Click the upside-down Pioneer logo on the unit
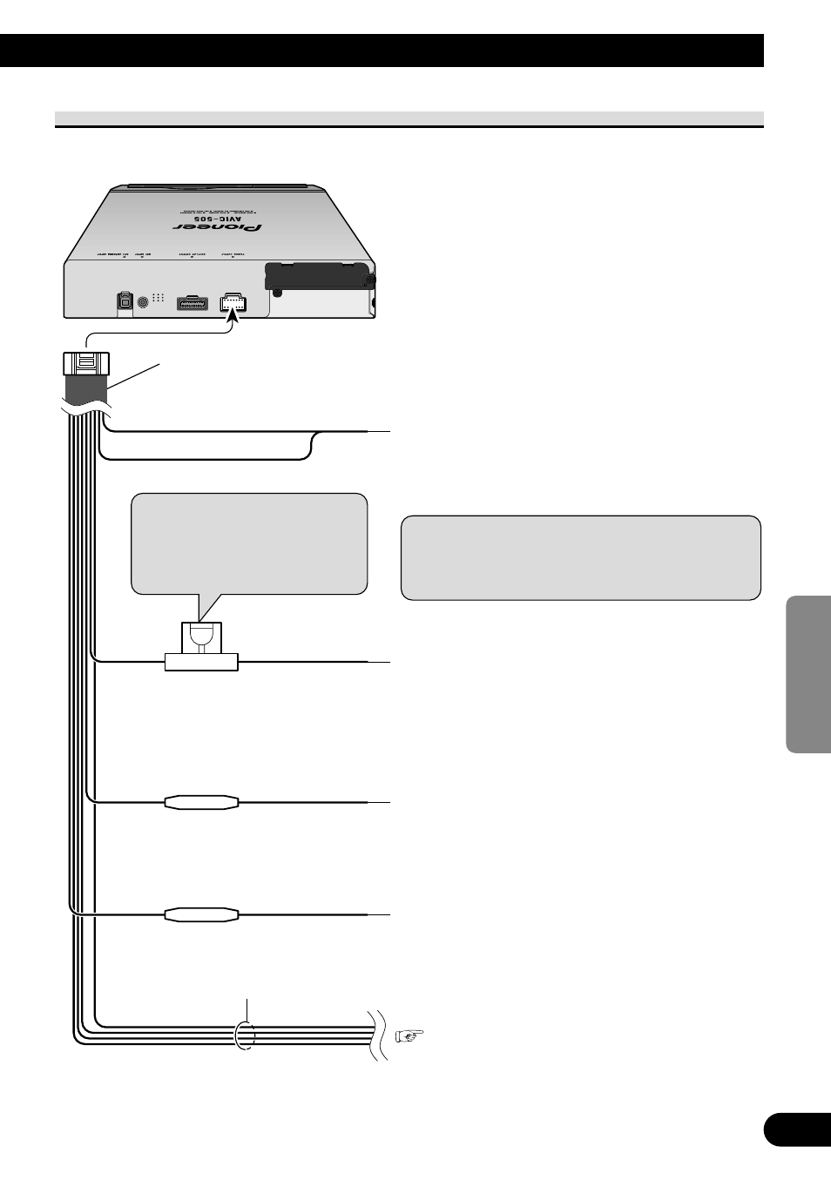pyautogui.click(x=218, y=228)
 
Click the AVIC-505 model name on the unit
pyautogui.click(x=218, y=217)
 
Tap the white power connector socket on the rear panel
pyautogui.click(x=233, y=302)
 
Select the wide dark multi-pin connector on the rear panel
pyautogui.click(x=192, y=303)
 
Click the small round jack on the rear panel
pyautogui.click(x=143, y=302)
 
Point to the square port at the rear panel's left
pyautogui.click(x=125, y=301)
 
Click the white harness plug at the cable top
pyautogui.click(x=86, y=363)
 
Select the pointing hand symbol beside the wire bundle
pyautogui.click(x=409, y=1035)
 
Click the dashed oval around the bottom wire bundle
pyautogui.click(x=246, y=1035)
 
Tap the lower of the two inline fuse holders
pyautogui.click(x=201, y=914)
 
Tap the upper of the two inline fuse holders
pyautogui.click(x=201, y=802)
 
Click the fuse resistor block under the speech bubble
pyautogui.click(x=201, y=649)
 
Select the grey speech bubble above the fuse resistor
pyautogui.click(x=249, y=543)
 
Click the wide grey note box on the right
pyautogui.click(x=580, y=557)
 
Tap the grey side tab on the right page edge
pyautogui.click(x=808, y=674)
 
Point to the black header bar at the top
pyautogui.click(x=382, y=51)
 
